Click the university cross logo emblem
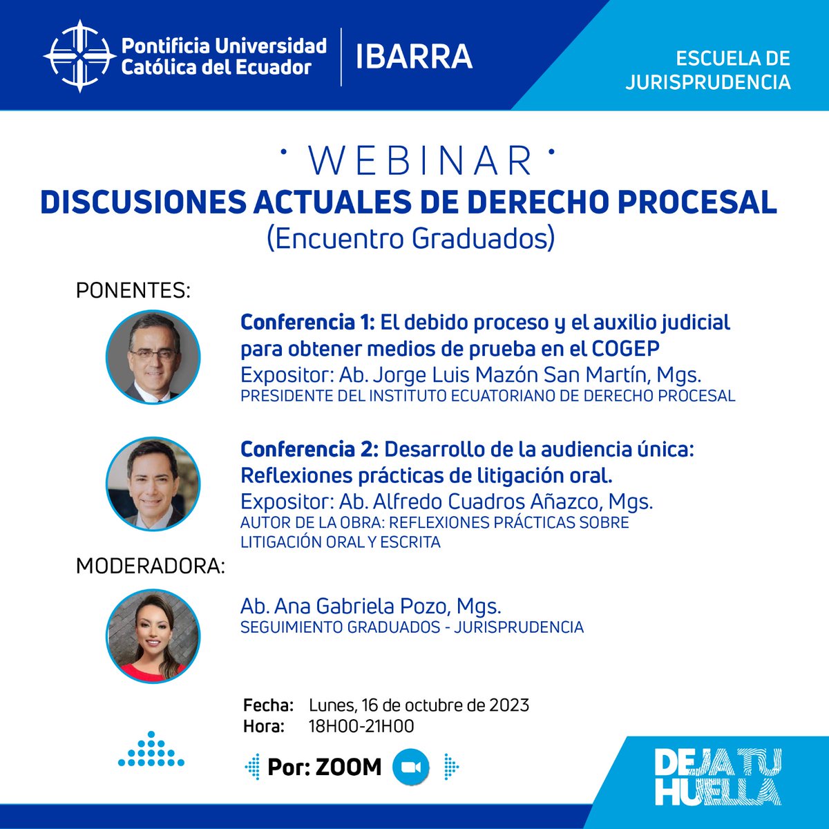[x=78, y=56]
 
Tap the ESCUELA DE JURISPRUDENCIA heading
[x=707, y=70]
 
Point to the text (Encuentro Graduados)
[x=410, y=238]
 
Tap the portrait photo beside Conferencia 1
[x=153, y=357]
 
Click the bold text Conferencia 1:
[x=307, y=322]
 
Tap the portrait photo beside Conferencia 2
[x=153, y=484]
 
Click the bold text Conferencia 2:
[x=309, y=449]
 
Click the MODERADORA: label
[x=151, y=566]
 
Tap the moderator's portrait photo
[x=153, y=636]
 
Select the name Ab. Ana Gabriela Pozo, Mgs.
[x=370, y=606]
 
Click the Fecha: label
[x=268, y=705]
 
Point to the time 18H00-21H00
[x=361, y=726]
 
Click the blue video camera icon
[x=411, y=767]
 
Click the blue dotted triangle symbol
[x=151, y=749]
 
